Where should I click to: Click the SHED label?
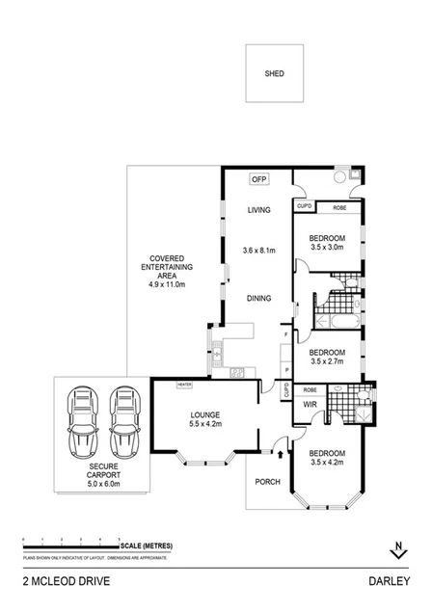click(275, 73)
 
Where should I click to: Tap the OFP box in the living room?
click(257, 179)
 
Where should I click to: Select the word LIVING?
click(258, 210)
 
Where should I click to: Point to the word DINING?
click(257, 298)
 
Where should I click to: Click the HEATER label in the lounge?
click(184, 385)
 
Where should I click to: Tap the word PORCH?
click(267, 482)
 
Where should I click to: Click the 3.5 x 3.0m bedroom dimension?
click(327, 248)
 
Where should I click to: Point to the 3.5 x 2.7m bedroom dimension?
click(327, 363)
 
